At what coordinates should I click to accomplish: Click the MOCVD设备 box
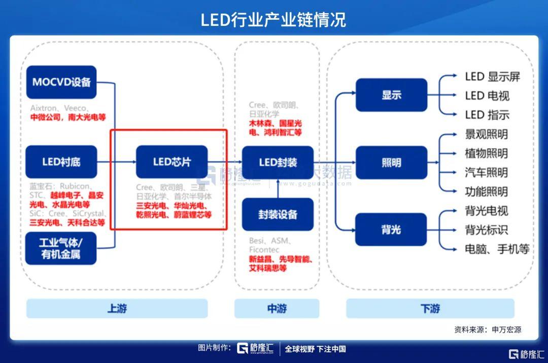click(x=61, y=82)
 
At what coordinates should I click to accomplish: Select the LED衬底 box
click(x=61, y=162)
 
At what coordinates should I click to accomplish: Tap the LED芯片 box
click(x=172, y=162)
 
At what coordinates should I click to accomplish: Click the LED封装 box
click(x=278, y=162)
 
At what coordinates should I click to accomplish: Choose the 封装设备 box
click(x=278, y=214)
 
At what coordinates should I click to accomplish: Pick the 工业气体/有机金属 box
click(x=61, y=248)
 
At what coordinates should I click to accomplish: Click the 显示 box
click(x=391, y=95)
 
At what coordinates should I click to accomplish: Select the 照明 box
click(x=391, y=163)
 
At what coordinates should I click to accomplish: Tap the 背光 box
click(x=391, y=230)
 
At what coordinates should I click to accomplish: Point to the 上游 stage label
click(x=117, y=308)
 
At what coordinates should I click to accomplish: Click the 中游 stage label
click(x=277, y=308)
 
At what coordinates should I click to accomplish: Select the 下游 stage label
click(x=430, y=308)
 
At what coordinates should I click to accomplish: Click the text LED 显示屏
click(x=492, y=77)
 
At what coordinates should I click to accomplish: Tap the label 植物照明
click(x=486, y=153)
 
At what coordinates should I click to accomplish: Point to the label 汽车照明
click(x=486, y=173)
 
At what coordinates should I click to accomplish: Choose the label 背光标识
click(x=486, y=230)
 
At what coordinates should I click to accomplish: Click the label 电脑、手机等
click(x=497, y=249)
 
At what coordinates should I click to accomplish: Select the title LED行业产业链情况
click(x=273, y=20)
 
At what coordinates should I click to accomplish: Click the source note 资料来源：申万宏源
click(x=488, y=330)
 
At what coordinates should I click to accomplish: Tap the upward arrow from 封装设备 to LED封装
click(x=278, y=188)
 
